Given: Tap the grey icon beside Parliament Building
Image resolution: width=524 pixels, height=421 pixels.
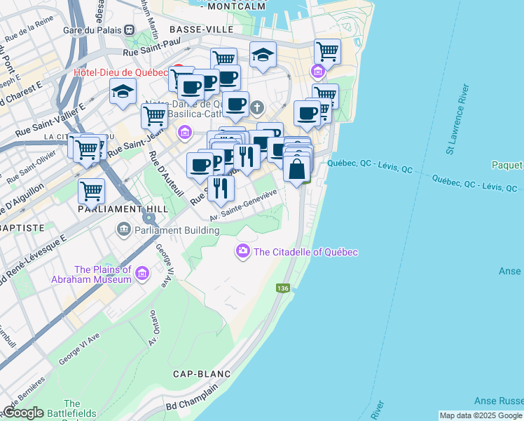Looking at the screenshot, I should [x=124, y=229].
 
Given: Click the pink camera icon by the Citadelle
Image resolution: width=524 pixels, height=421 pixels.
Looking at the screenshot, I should [x=243, y=250].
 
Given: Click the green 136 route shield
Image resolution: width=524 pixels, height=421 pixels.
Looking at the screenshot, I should [x=283, y=288].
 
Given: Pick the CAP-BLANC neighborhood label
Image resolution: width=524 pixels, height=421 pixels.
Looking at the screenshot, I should [x=198, y=374].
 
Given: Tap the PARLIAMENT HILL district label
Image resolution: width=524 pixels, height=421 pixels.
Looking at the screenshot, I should [x=116, y=210].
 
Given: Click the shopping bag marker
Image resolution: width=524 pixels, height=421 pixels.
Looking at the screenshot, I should [x=297, y=168].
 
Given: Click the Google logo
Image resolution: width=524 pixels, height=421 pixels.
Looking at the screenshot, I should [x=22, y=413].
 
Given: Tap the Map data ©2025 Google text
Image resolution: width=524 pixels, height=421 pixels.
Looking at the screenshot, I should [x=481, y=415].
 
